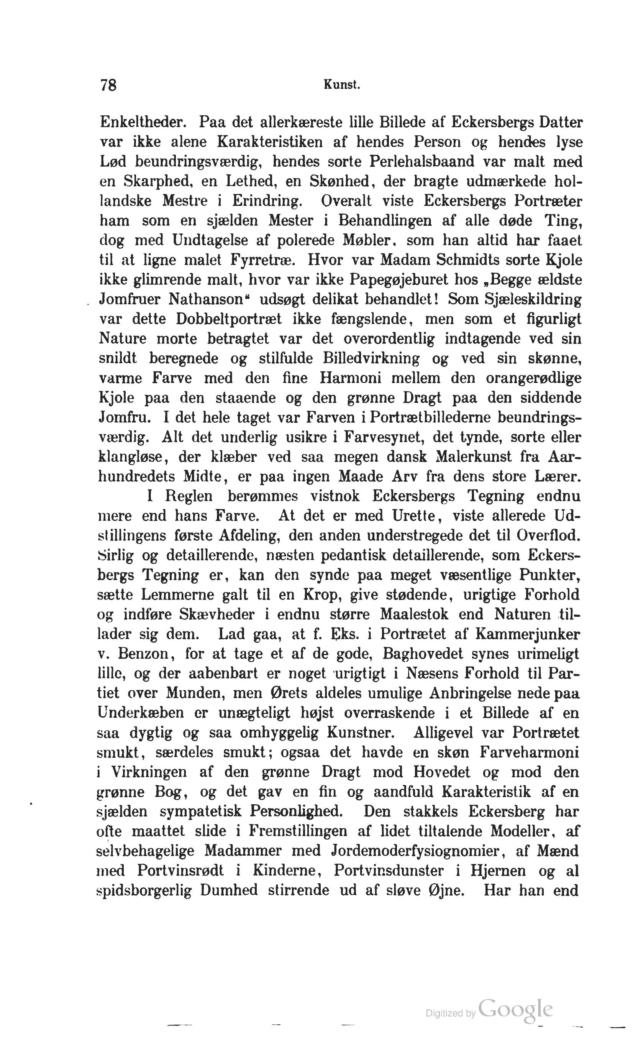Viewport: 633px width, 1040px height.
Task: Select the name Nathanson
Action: tap(207, 300)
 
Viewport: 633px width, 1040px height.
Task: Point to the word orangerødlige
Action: tap(533, 378)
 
